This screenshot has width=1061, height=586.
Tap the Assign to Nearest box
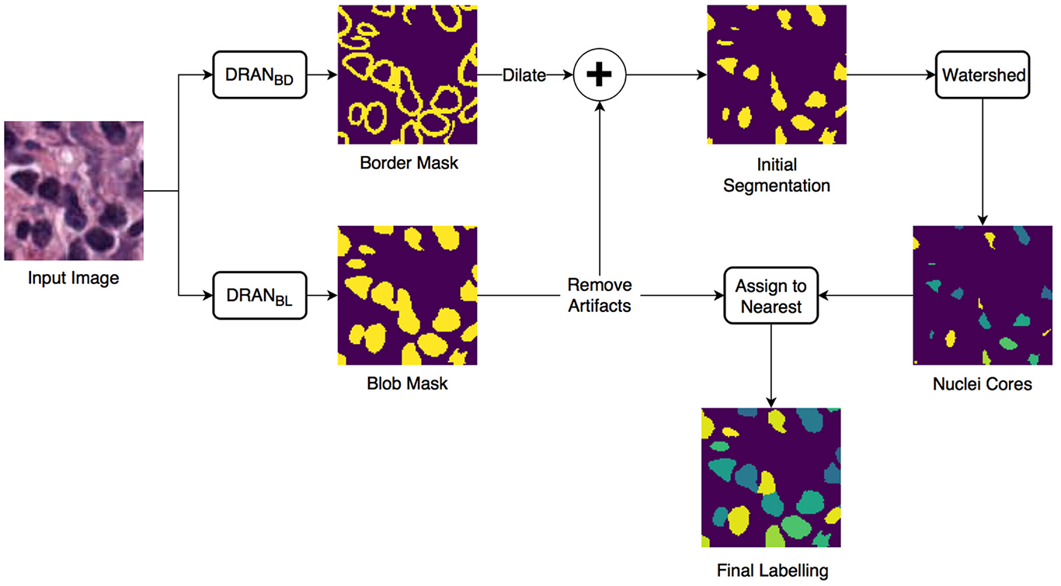[771, 296]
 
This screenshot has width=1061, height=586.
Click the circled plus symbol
[599, 75]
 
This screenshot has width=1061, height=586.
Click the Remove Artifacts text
[599, 295]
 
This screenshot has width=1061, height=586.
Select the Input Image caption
[73, 277]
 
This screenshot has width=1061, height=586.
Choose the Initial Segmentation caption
[777, 175]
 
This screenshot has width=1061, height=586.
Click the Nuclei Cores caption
[983, 383]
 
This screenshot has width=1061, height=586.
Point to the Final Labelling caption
[771, 571]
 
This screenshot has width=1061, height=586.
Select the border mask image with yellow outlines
[407, 75]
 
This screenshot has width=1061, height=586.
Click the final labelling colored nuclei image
[771, 477]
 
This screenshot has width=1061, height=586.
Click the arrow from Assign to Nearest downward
[771, 365]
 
